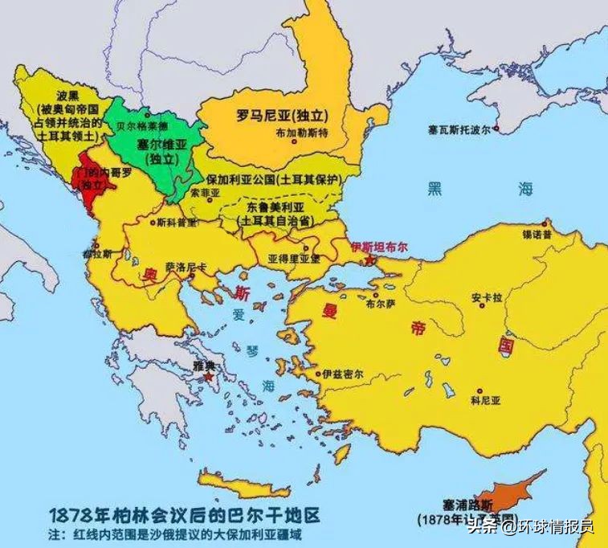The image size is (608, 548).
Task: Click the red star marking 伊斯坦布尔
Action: pyautogui.click(x=369, y=261)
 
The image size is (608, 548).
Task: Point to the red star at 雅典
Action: pyautogui.click(x=210, y=376)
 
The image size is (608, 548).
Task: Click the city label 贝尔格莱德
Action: pyautogui.click(x=142, y=127)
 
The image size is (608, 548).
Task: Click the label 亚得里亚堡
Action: pyautogui.click(x=294, y=258)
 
